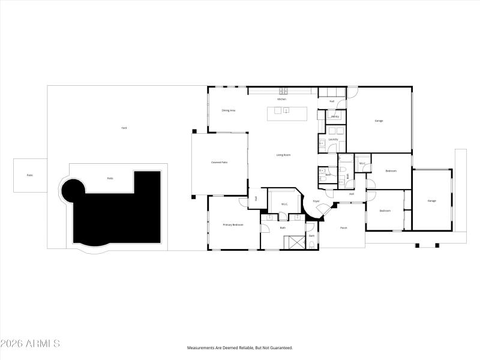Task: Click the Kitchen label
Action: click(281, 99)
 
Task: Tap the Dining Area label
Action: click(228, 110)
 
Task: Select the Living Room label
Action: click(283, 155)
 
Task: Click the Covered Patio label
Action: click(219, 162)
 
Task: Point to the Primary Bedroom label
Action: click(233, 224)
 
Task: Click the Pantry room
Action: click(335, 116)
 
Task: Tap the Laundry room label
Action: click(333, 139)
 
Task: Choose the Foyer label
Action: click(316, 201)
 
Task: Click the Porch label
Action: click(344, 228)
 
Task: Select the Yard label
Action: click(124, 128)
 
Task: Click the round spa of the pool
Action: click(74, 191)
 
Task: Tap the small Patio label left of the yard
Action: click(29, 175)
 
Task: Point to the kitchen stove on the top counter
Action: click(283, 91)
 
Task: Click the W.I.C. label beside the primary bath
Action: click(284, 204)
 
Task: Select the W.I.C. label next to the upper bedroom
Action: click(362, 163)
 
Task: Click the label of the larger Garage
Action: click(379, 121)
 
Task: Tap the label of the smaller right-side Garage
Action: click(431, 200)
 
